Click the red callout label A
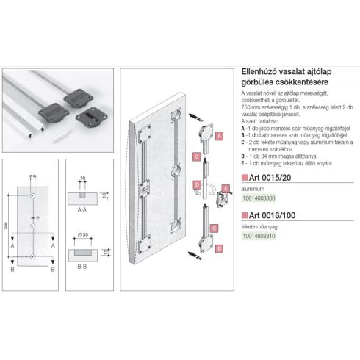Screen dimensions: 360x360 pos(220,136)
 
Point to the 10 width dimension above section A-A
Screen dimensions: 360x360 pos(83,177)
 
